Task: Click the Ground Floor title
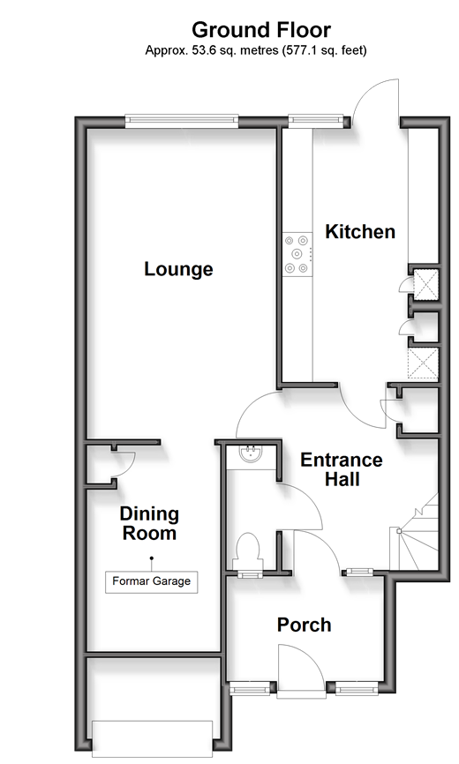[x=261, y=30]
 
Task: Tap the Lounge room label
[x=178, y=269]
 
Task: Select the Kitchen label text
[x=360, y=231]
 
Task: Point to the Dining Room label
[x=149, y=523]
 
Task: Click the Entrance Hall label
[x=342, y=469]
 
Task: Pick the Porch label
[x=304, y=625]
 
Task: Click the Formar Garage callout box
[x=152, y=581]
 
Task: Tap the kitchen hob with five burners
[x=297, y=254]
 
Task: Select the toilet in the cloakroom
[x=248, y=550]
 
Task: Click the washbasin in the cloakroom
[x=252, y=453]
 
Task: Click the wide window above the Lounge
[x=182, y=121]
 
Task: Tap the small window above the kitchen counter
[x=316, y=120]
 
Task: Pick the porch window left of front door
[x=250, y=689]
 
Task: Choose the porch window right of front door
[x=357, y=689]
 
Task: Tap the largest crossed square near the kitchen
[x=423, y=363]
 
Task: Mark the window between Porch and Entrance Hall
[x=359, y=573]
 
